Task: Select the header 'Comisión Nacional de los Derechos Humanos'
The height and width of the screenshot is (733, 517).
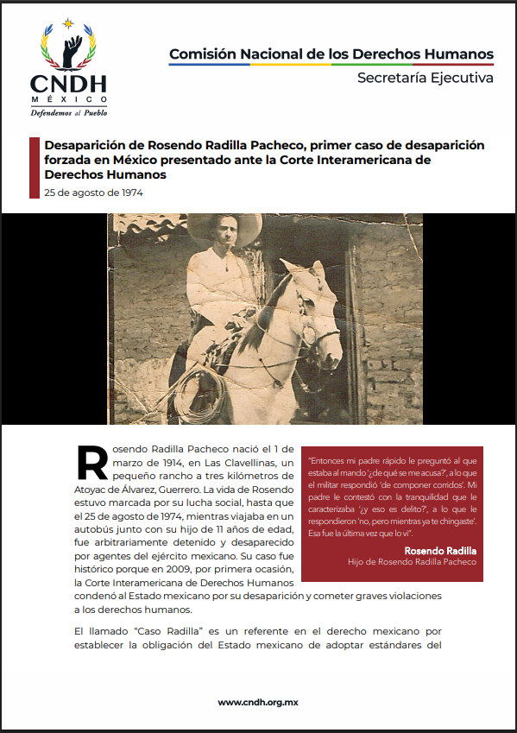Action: [331, 54]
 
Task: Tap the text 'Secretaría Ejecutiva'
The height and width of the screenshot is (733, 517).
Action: [426, 79]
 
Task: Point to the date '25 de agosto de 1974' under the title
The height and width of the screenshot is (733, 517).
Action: [94, 193]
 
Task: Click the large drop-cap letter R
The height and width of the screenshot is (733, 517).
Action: [92, 464]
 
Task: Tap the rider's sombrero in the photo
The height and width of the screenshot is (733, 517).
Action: [213, 225]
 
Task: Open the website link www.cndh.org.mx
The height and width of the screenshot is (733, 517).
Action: [258, 702]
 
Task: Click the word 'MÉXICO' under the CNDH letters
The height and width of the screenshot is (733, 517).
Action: [69, 98]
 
